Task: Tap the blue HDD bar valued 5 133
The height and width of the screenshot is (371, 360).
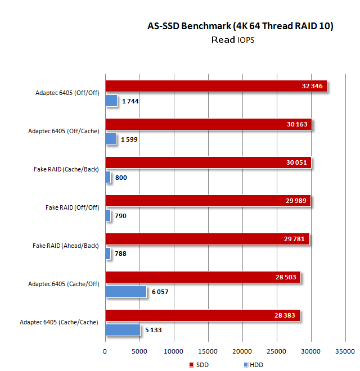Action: pyautogui.click(x=122, y=329)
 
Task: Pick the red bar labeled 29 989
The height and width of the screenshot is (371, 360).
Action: pyautogui.click(x=208, y=201)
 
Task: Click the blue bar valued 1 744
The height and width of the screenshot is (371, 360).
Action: pyautogui.click(x=111, y=101)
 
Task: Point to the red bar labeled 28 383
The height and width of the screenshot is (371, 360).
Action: pyautogui.click(x=202, y=315)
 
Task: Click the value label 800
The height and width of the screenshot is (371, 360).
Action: pyautogui.click(x=121, y=178)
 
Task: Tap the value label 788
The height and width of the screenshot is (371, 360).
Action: pyautogui.click(x=120, y=254)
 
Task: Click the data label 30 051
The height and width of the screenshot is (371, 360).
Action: pyautogui.click(x=299, y=162)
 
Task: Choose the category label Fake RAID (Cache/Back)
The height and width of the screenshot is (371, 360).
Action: pyautogui.click(x=66, y=169)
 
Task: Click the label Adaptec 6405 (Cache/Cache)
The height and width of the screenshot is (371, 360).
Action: pyautogui.click(x=58, y=322)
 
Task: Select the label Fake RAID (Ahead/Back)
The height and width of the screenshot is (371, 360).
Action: pyautogui.click(x=66, y=246)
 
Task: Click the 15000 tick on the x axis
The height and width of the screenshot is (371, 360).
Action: pyautogui.click(x=208, y=351)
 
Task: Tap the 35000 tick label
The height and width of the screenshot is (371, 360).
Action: pyautogui.click(x=345, y=351)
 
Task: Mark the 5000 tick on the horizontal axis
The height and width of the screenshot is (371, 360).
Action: pyautogui.click(x=139, y=351)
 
